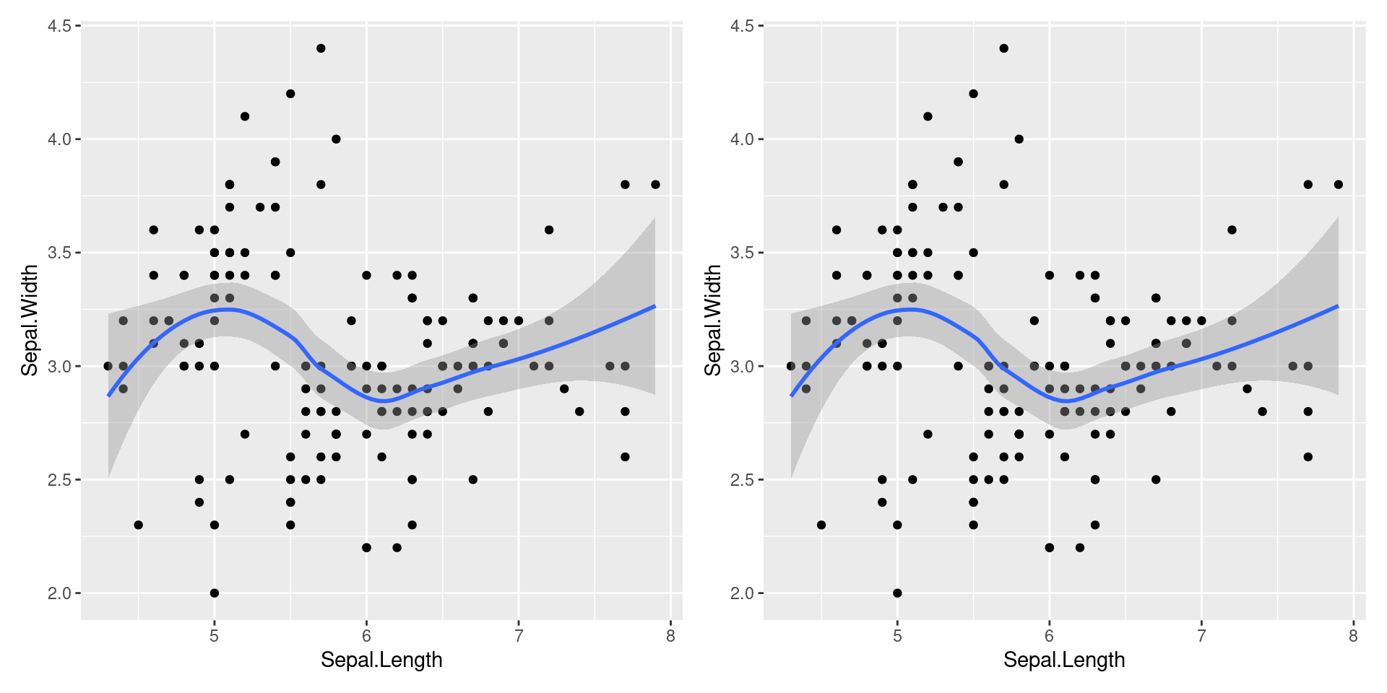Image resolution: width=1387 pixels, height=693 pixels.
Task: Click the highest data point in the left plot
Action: tap(321, 48)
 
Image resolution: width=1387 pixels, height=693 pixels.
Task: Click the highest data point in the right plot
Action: tap(1003, 48)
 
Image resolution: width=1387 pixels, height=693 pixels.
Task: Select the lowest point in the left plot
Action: tap(214, 593)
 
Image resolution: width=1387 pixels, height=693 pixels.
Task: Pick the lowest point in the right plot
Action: tap(897, 593)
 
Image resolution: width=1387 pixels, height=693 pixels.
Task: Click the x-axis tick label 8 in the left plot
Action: tap(671, 636)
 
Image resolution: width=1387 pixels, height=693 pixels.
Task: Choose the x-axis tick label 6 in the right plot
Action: tap(1050, 636)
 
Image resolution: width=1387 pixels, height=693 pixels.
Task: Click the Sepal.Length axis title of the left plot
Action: tap(381, 660)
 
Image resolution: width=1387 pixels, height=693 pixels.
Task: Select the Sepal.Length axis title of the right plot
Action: tap(1064, 660)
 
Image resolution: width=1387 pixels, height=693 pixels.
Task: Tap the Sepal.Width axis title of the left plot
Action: tap(30, 321)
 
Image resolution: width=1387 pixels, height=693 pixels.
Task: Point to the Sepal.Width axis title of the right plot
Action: tap(713, 321)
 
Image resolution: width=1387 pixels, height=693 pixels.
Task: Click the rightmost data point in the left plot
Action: tap(655, 185)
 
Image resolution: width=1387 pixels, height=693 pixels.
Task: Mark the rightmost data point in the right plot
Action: tap(1338, 185)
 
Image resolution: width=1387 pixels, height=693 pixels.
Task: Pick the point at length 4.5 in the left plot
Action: tap(138, 525)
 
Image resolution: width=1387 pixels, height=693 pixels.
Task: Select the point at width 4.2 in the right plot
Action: tap(973, 94)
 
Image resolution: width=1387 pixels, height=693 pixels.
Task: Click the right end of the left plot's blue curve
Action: tap(654, 306)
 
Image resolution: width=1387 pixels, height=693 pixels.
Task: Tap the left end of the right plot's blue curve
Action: tap(792, 396)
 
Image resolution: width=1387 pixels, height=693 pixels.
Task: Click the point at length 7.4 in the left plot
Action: tap(579, 411)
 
